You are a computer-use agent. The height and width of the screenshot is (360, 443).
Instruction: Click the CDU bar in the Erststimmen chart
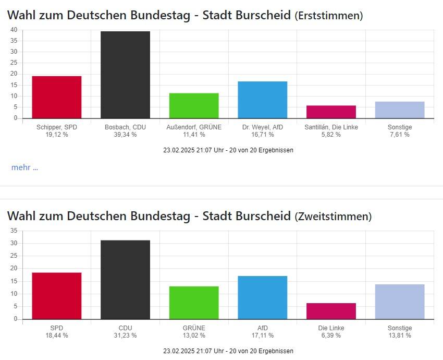point(125,75)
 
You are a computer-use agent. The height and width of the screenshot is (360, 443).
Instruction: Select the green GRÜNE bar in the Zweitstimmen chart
point(194,303)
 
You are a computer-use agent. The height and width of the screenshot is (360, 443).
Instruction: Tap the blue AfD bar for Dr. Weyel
point(262,100)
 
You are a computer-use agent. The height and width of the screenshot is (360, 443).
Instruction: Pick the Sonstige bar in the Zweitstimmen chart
point(399,302)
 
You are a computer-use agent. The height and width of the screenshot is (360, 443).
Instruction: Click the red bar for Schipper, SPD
point(57,97)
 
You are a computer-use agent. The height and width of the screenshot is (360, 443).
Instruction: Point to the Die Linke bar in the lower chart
point(331,311)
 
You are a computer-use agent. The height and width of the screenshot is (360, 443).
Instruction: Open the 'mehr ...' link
point(24,167)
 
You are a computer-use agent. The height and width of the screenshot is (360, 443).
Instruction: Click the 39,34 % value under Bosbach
point(125,135)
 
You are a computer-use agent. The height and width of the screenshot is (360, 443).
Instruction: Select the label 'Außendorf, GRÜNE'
point(194,127)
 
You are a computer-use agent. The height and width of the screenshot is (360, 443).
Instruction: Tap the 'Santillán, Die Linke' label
point(331,127)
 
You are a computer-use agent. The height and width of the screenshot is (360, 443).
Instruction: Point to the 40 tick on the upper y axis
point(14,30)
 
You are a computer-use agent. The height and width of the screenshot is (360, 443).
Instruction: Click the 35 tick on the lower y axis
point(14,231)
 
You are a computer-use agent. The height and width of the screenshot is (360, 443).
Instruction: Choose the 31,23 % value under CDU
point(125,335)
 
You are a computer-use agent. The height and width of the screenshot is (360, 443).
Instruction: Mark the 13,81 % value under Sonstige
point(399,335)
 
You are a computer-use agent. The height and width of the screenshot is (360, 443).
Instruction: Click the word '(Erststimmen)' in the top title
point(329,16)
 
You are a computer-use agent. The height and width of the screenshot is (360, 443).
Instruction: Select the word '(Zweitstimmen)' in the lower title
point(333,217)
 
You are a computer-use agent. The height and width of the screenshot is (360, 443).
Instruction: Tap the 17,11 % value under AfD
point(262,335)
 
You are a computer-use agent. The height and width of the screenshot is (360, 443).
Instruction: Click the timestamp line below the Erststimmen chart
point(228,150)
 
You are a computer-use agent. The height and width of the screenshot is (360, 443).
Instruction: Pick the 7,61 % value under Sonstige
point(399,135)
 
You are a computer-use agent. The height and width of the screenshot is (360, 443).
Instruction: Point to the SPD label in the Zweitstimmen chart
point(57,328)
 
